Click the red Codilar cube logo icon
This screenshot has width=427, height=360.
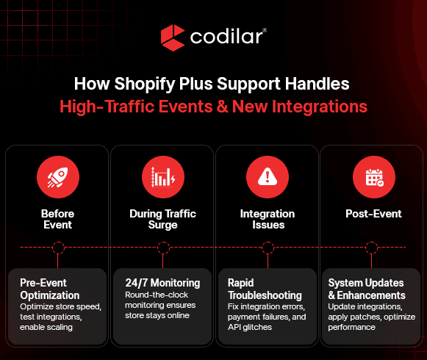[x=173, y=37]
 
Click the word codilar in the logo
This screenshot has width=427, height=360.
[x=226, y=37]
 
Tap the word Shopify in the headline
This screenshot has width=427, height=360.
[x=145, y=84]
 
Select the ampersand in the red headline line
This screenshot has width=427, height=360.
[x=222, y=107]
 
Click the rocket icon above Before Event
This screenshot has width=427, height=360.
[x=58, y=177]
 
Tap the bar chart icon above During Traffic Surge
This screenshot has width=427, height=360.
[x=163, y=177]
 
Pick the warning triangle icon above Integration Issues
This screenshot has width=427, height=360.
[x=268, y=176]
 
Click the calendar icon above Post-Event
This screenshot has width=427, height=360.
[x=374, y=178]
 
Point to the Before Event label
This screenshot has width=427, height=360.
[x=58, y=219]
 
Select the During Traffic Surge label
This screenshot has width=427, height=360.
[x=163, y=219]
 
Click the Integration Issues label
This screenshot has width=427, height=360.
[x=268, y=219]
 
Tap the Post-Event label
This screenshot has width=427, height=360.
[x=373, y=214]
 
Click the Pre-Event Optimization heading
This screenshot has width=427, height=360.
[x=50, y=289]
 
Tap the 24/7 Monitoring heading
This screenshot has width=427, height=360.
[x=162, y=283]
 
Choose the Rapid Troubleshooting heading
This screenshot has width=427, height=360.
[x=265, y=289]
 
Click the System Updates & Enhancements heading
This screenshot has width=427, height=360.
[x=367, y=289]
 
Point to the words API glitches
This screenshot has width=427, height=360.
[x=250, y=327]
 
